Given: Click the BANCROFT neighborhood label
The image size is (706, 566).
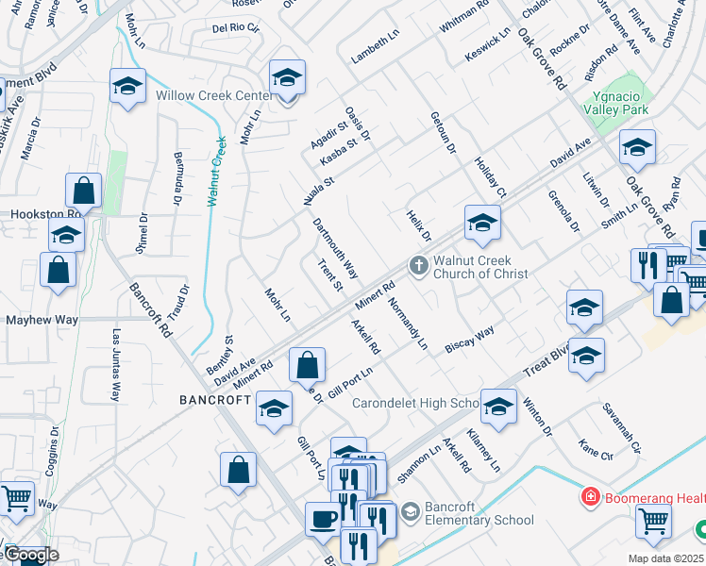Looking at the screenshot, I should click(x=216, y=400).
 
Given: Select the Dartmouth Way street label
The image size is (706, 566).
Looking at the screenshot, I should click(x=335, y=248).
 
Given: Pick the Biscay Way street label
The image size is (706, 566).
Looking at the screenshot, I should click(x=470, y=340).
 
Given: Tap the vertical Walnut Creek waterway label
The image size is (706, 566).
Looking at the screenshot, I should click(x=217, y=171).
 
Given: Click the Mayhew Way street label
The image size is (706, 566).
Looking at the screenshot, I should click(x=42, y=321).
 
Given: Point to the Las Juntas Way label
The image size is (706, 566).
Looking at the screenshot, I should click(x=116, y=366).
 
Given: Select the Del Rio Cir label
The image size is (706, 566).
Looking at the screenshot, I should click(x=235, y=28).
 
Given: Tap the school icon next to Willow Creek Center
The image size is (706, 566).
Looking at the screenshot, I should click(x=287, y=79).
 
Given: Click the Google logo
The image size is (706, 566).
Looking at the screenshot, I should click(x=30, y=556).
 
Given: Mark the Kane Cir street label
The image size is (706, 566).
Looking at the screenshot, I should click(x=597, y=449).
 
